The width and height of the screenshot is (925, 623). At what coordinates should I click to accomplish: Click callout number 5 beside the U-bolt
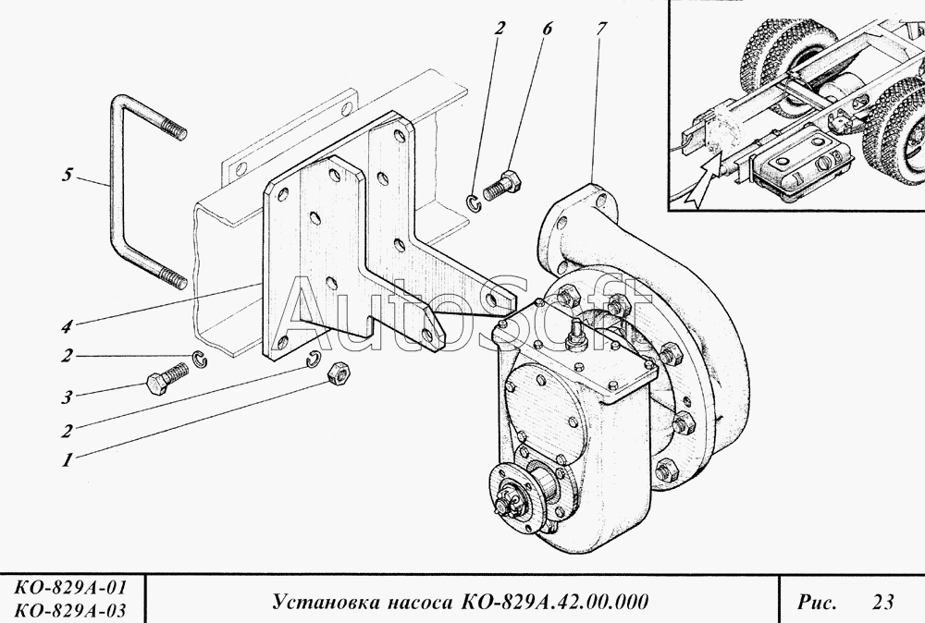coord(68,175)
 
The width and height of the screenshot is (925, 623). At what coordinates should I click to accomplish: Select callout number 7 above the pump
coord(601,29)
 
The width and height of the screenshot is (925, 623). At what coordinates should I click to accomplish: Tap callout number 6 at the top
coord(547,29)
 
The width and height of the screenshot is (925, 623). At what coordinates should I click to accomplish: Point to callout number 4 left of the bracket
coord(67,326)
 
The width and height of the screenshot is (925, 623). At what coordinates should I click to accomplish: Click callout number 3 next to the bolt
coord(67,397)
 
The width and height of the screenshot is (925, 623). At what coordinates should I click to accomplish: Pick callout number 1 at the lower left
coord(67,459)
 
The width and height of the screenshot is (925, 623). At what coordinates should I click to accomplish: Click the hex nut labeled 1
coord(338,373)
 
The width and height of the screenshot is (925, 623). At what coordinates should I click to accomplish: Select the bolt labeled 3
coord(166,378)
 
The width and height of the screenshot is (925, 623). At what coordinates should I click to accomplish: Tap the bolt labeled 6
coord(502,185)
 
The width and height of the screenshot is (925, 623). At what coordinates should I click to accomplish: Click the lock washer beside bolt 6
coord(475,202)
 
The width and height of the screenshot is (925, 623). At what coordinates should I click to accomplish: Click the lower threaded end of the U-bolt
coord(171,279)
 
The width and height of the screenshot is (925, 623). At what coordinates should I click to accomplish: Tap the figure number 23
coord(883,602)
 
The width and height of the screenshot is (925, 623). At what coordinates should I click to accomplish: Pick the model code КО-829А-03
coord(70,610)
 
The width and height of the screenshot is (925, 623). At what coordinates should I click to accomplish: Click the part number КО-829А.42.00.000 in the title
coord(555,602)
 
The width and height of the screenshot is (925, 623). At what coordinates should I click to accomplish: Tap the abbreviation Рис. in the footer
coord(817,603)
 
